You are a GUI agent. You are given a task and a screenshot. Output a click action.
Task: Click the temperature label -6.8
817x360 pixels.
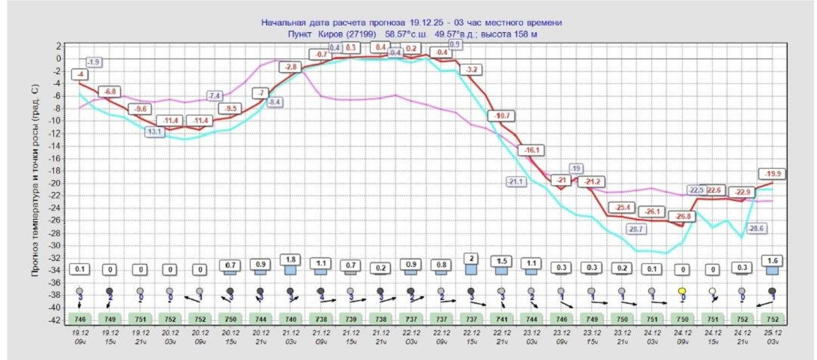click(110, 91)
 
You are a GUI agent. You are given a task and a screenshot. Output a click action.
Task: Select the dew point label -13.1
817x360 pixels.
click(155, 133)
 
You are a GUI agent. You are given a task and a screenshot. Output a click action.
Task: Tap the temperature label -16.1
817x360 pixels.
click(531, 151)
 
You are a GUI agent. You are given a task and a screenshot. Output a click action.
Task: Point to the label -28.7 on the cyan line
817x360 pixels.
click(636, 229)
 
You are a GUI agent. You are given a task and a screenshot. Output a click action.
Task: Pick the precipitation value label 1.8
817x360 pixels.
click(290, 259)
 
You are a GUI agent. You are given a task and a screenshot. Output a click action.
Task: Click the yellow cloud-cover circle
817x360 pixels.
click(682, 290)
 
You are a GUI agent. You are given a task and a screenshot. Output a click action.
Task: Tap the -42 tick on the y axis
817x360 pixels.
click(56, 320)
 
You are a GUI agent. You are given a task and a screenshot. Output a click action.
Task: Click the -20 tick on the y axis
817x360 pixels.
click(56, 183)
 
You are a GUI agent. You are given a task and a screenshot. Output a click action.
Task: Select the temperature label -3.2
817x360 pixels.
click(471, 70)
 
